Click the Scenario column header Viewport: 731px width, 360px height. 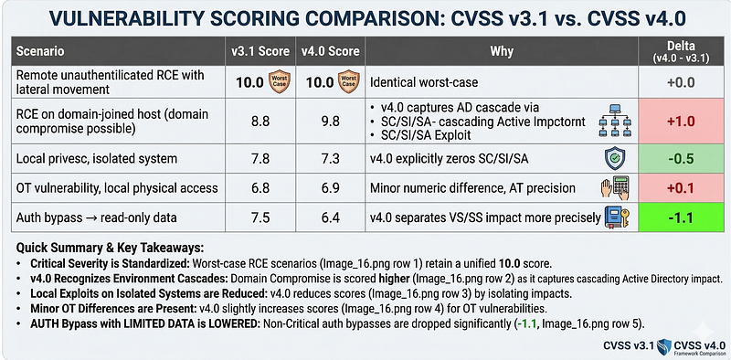(x=40, y=51)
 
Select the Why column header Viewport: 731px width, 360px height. (x=502, y=51)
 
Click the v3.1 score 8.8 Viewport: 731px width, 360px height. (x=260, y=122)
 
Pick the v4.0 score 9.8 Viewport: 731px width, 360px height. (x=330, y=122)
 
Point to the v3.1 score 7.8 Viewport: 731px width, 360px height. (x=260, y=158)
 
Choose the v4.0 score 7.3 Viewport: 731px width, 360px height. (x=330, y=158)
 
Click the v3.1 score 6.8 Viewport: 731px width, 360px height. (x=260, y=188)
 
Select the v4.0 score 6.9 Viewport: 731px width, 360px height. (x=330, y=188)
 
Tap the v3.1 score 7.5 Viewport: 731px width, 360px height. (x=260, y=217)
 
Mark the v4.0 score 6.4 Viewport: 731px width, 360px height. (x=330, y=217)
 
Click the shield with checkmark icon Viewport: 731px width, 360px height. (x=614, y=159)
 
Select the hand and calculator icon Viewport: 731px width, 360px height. (x=614, y=188)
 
